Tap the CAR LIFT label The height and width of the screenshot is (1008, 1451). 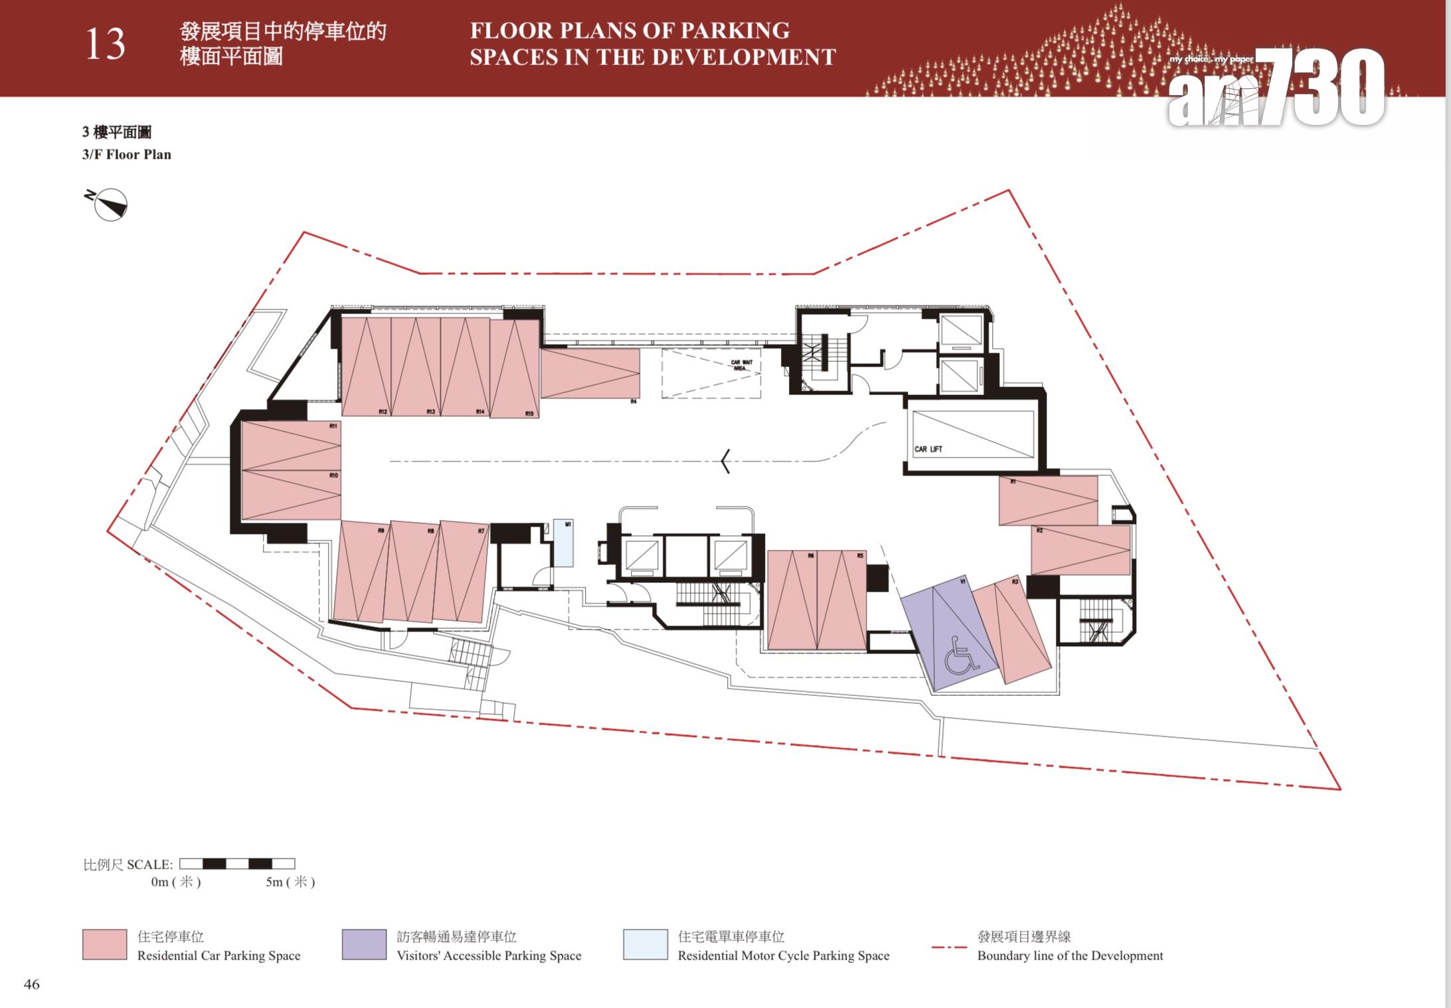[928, 450]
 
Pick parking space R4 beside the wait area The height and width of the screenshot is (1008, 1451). [590, 374]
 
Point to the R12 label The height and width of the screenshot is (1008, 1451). [383, 412]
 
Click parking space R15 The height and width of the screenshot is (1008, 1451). [515, 369]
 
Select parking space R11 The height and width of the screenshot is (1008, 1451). [291, 446]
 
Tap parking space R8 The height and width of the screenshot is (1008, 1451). [412, 571]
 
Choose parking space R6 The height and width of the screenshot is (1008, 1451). [792, 600]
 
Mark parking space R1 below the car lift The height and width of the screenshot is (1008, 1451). [1048, 501]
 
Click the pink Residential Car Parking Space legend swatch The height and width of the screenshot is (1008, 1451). [104, 944]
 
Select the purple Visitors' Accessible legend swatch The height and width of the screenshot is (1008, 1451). [364, 944]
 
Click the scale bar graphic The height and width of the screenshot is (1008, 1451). [237, 864]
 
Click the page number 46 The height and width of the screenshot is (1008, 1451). [31, 984]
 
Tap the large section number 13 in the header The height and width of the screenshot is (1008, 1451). [105, 45]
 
